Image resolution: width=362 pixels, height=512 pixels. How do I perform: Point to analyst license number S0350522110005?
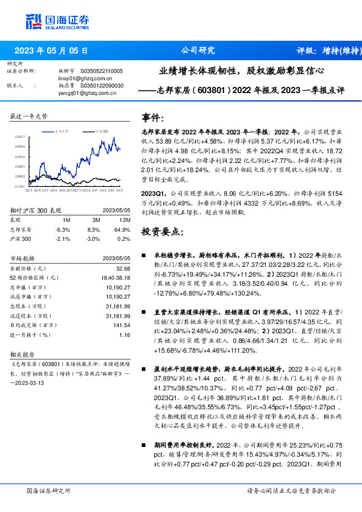pos(100,71)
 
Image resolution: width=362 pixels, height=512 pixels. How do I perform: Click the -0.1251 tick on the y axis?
pos(20,187)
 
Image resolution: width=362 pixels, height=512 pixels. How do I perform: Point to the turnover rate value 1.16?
pos(125,334)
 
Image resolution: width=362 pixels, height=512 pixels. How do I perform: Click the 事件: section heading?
pos(153,117)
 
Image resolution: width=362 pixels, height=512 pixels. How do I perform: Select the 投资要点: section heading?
pos(160,231)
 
